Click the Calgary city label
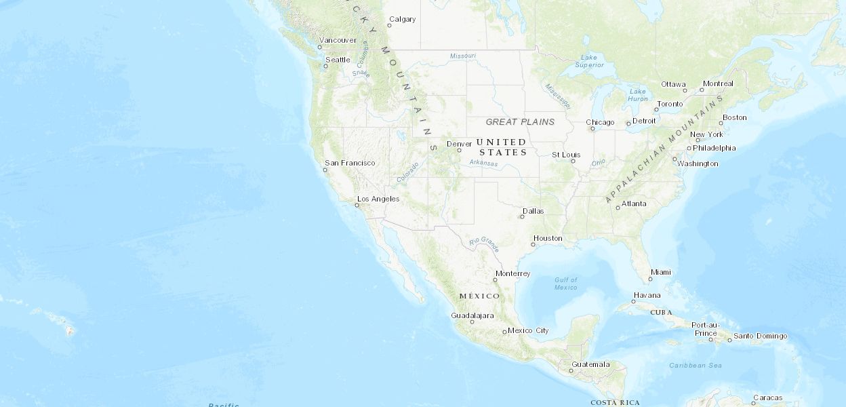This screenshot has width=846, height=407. (x=402, y=19)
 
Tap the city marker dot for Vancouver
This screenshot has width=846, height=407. (x=320, y=47)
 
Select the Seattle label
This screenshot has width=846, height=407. (x=338, y=60)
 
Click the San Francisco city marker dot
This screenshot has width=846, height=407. (x=325, y=170)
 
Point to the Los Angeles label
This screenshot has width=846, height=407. (x=378, y=199)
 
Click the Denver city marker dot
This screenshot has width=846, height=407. (x=459, y=151)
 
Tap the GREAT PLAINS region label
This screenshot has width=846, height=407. (x=520, y=122)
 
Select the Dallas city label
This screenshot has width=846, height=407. (x=533, y=211)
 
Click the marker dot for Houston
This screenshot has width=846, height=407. (x=533, y=245)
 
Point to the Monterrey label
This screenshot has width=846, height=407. (x=512, y=273)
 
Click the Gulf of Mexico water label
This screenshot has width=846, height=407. (x=565, y=284)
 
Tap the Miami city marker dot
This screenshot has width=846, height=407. (x=650, y=279)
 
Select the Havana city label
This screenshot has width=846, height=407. (x=647, y=296)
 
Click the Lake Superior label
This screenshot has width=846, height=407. (x=589, y=61)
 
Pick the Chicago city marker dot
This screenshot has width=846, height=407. (x=592, y=129)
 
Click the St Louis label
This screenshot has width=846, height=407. (x=566, y=155)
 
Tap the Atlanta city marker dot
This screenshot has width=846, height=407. (x=618, y=208)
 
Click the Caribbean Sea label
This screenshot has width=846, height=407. (x=696, y=366)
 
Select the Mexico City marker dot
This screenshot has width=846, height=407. (x=504, y=332)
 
